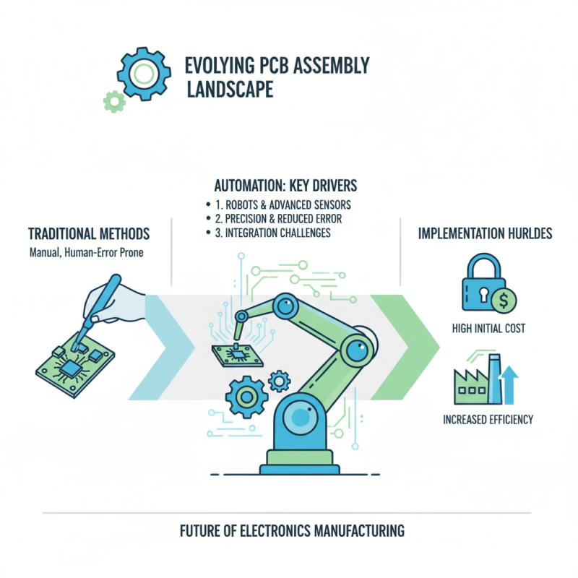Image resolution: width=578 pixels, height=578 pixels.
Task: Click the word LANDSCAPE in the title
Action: [230, 90]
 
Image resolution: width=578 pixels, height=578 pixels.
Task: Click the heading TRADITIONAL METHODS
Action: [89, 234]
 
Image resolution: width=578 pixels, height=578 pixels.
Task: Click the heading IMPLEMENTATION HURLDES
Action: [486, 234]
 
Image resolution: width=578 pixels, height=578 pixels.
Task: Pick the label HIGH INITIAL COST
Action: [488, 329]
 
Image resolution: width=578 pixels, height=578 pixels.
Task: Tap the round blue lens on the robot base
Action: [298, 420]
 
